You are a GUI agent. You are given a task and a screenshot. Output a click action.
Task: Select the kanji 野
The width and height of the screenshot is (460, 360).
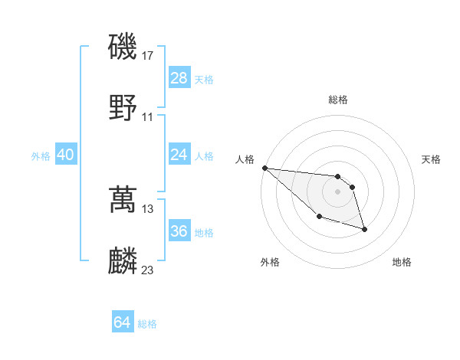123,107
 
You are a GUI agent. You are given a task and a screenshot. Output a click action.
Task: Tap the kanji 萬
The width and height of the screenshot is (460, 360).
123,199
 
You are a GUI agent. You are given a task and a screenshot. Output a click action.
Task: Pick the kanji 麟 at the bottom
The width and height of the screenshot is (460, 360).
123,260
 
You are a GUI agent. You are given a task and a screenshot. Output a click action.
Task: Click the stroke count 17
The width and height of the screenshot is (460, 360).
148,56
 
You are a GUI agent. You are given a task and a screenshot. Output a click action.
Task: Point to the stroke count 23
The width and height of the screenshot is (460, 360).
148,270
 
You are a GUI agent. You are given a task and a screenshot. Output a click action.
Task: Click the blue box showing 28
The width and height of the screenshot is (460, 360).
179,78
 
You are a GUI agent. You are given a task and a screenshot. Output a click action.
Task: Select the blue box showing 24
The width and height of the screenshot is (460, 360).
179,155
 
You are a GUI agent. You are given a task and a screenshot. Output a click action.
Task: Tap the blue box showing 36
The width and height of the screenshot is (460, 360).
179,231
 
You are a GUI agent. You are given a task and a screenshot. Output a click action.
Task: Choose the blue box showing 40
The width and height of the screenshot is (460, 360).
66,155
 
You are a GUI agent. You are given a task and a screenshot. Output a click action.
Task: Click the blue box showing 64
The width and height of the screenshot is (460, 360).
123,322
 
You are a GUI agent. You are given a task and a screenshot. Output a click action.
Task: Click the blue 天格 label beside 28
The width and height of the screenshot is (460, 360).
204,80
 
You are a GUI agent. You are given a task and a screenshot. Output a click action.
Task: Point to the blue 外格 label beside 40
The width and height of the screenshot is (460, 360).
41,156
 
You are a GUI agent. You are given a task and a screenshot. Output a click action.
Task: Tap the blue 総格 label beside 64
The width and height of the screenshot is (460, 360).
147,324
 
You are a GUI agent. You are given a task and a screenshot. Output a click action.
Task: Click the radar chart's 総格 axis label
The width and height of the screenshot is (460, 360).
338,100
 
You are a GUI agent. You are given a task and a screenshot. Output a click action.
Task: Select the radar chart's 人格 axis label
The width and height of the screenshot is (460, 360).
245,159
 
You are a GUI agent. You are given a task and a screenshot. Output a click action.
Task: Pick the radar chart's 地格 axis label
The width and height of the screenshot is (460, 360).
402,263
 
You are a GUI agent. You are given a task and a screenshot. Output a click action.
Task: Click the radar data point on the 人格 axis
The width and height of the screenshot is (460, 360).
264,168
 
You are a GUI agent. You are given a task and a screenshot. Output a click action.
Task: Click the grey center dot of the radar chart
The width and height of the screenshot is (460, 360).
338,191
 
